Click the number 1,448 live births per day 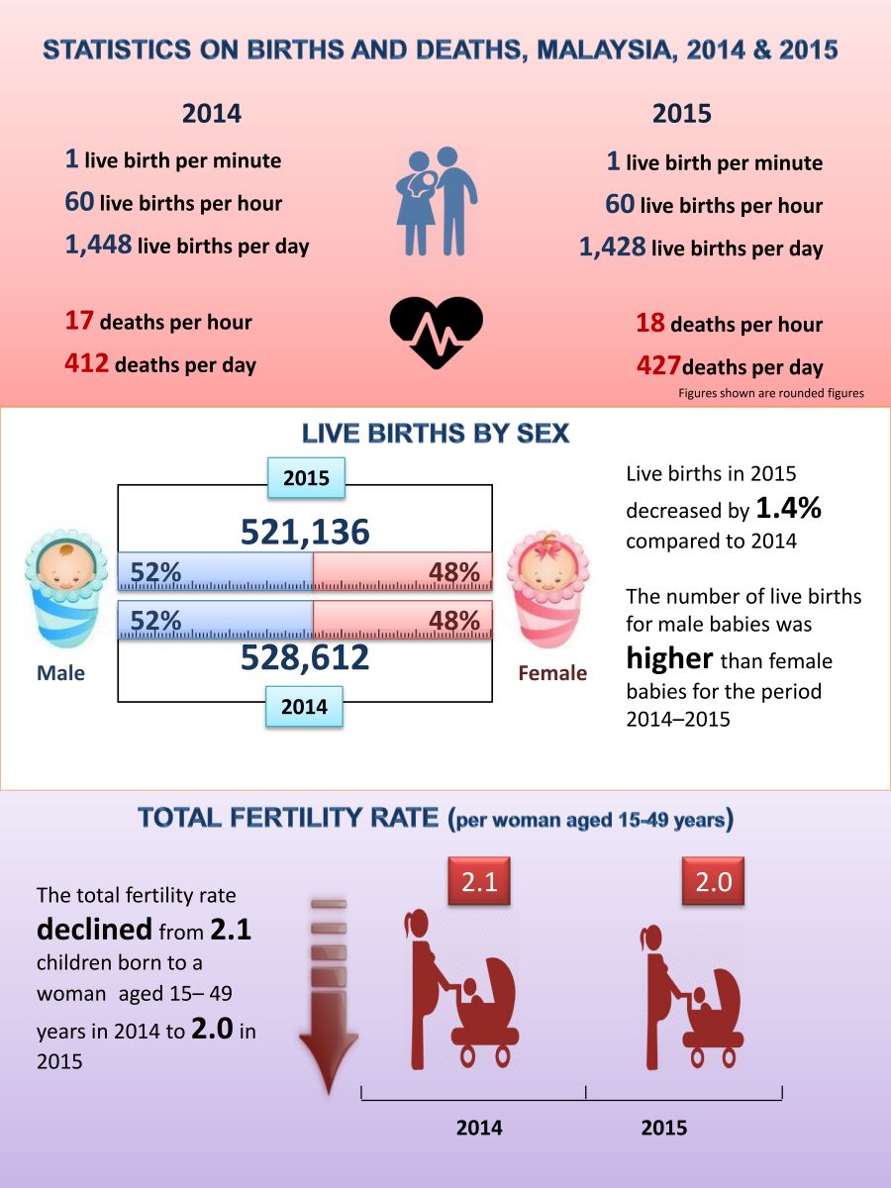pos(99,245)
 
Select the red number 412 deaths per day pos(87,363)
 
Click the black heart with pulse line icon pos(437,333)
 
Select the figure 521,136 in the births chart pos(305,532)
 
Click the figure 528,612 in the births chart pos(305,657)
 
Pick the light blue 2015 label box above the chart pos(306,477)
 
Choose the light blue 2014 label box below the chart pos(304,707)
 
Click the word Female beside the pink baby pos(552,673)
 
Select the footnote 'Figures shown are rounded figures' pos(770,393)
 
